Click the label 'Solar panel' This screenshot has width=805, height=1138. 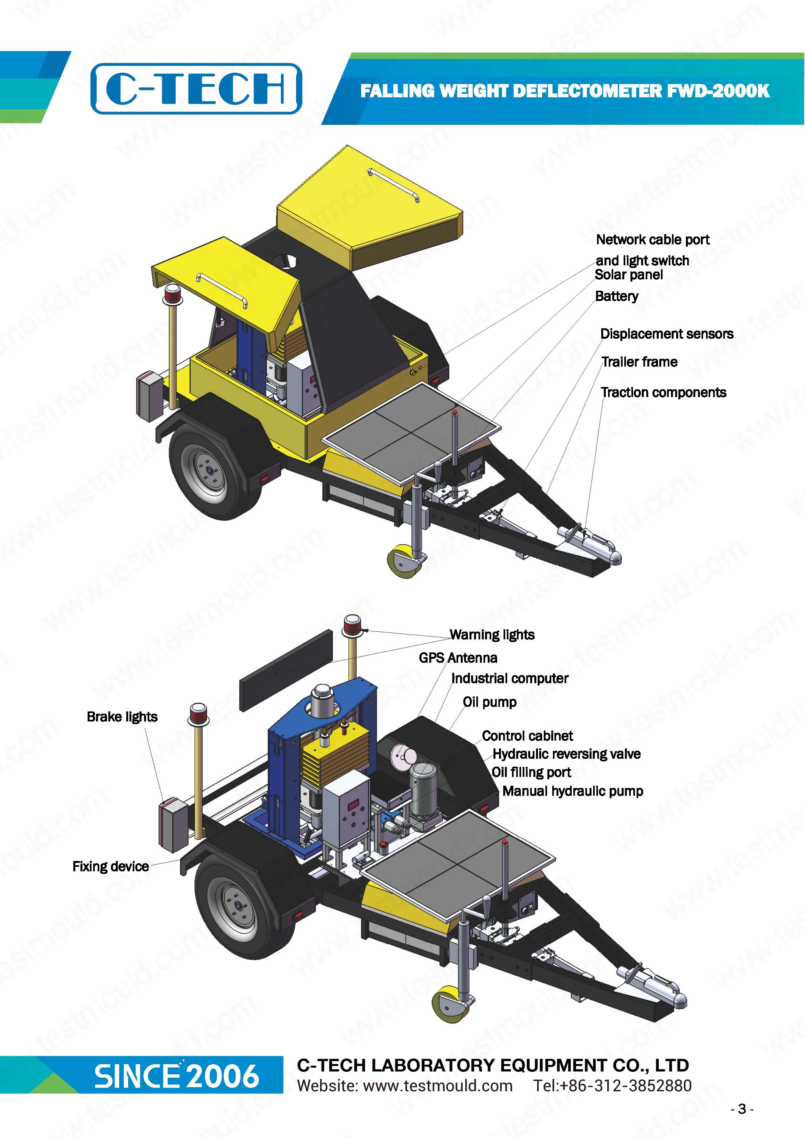coord(628,274)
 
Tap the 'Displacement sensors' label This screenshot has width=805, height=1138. coord(667,333)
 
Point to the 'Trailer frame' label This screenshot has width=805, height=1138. coord(640,362)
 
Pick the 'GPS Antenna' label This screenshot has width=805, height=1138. coord(458,658)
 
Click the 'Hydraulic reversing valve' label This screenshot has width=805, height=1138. coord(567,754)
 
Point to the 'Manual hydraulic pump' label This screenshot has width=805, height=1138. coord(573,791)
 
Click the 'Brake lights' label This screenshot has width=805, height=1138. coord(122,717)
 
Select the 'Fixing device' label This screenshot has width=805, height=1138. coord(111,866)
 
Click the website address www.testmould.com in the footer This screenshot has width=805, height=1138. coord(438,1085)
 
